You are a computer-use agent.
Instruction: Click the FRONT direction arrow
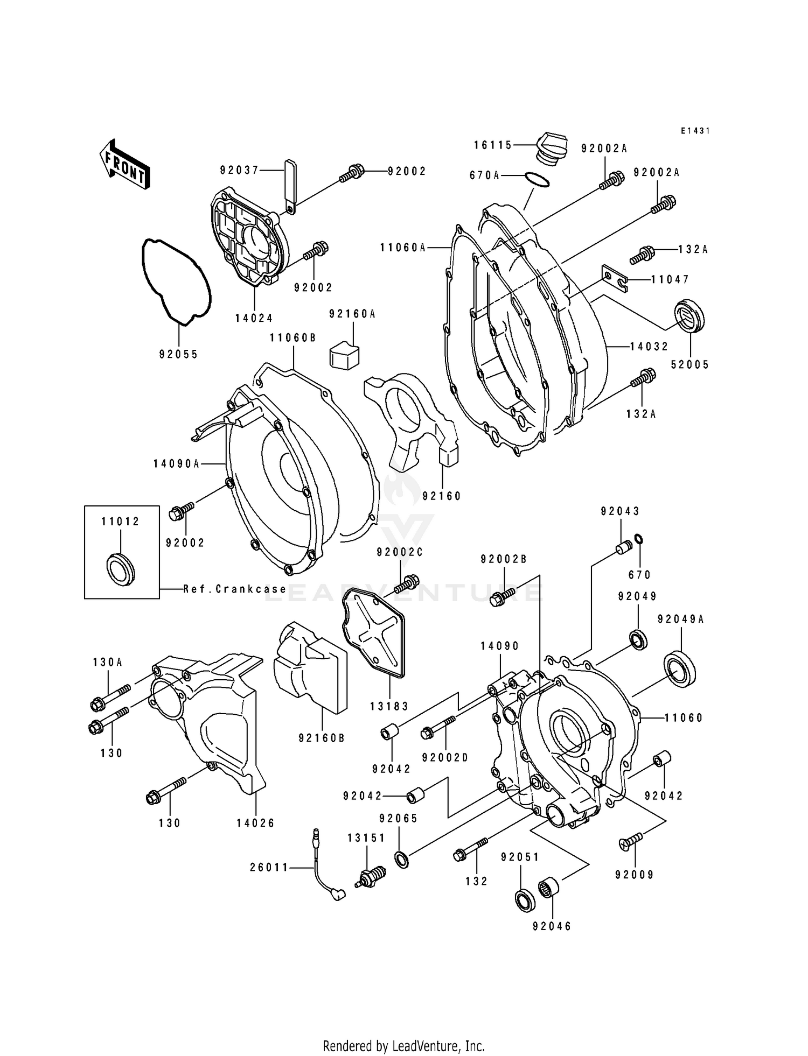123,164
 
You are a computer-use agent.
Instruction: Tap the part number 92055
179,354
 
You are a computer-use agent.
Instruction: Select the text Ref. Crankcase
235,589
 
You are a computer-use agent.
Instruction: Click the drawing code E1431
695,131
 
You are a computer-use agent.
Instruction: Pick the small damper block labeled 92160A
345,354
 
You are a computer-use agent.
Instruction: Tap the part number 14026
255,823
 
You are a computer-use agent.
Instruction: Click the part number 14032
649,347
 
